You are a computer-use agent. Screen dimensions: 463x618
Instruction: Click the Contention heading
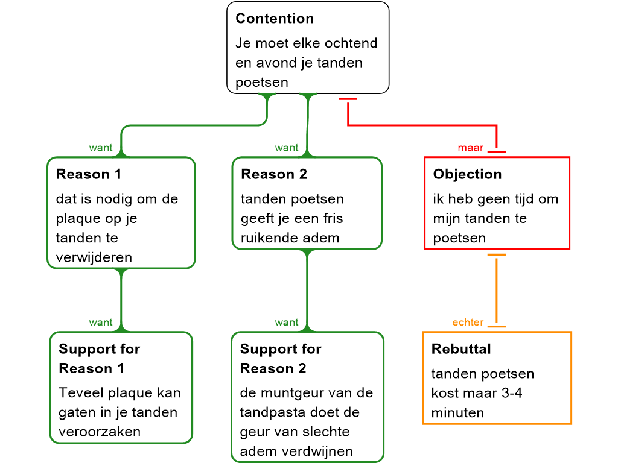(x=275, y=19)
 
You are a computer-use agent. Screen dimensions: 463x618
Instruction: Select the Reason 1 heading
(x=89, y=174)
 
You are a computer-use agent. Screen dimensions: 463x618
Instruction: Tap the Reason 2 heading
(x=274, y=174)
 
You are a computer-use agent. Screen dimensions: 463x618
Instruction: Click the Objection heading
(x=467, y=174)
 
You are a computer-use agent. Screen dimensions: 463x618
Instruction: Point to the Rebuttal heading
(x=461, y=349)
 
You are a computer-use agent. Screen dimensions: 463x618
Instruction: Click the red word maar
(x=471, y=148)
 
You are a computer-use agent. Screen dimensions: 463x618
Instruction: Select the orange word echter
(x=468, y=323)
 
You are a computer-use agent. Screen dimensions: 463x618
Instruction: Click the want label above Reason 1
(x=101, y=148)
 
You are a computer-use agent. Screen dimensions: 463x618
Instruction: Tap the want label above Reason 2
(x=287, y=148)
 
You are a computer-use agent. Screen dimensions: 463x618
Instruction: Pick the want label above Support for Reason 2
(x=287, y=323)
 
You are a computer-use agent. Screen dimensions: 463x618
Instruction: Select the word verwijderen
(x=94, y=257)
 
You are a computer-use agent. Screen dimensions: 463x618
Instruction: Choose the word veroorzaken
(x=100, y=432)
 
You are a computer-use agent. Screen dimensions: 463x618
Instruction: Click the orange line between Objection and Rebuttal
(x=496, y=289)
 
